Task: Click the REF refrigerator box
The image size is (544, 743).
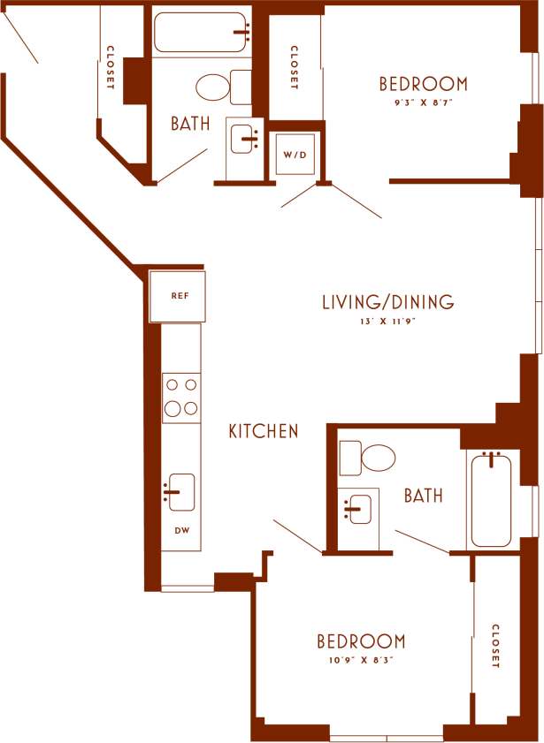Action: click(x=178, y=296)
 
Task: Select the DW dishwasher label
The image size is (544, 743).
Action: click(x=180, y=531)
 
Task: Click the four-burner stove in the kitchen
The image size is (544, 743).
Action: click(x=181, y=397)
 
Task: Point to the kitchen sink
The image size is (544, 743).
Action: click(x=180, y=492)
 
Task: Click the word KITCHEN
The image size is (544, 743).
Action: click(x=264, y=432)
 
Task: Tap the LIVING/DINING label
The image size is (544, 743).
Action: click(x=387, y=302)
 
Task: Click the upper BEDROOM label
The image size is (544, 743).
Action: click(x=423, y=84)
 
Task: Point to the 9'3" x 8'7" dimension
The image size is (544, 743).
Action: click(x=423, y=102)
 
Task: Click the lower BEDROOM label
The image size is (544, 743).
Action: click(x=361, y=641)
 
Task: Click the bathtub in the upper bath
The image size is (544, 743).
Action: click(x=202, y=32)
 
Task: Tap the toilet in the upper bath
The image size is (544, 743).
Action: click(x=220, y=87)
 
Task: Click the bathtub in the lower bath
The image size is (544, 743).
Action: click(x=491, y=500)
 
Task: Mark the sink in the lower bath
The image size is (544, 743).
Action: click(x=358, y=509)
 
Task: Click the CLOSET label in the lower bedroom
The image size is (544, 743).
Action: click(x=496, y=646)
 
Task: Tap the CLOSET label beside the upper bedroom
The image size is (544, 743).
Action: click(x=293, y=68)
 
